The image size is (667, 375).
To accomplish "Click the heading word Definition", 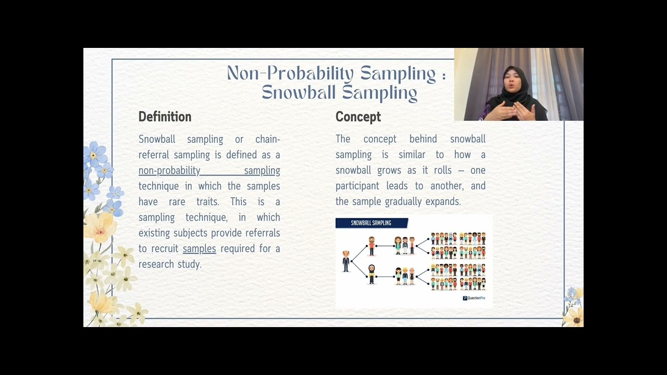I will coord(165,117).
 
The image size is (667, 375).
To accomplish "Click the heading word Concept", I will coord(358,117).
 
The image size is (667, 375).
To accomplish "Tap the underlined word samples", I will coord(199,248).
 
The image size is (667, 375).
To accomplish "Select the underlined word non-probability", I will coord(169,170).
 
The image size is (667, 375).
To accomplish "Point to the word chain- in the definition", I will coord(267,139).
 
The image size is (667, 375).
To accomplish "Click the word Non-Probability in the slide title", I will coord(290,73).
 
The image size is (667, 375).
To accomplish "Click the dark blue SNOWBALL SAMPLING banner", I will coord(371,223).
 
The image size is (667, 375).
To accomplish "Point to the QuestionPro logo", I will coord(474,298).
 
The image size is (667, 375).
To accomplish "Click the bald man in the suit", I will coord(346,261).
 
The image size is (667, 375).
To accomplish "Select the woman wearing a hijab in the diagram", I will coord(372,274).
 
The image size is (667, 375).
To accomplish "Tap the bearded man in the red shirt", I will coord(372,246).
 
